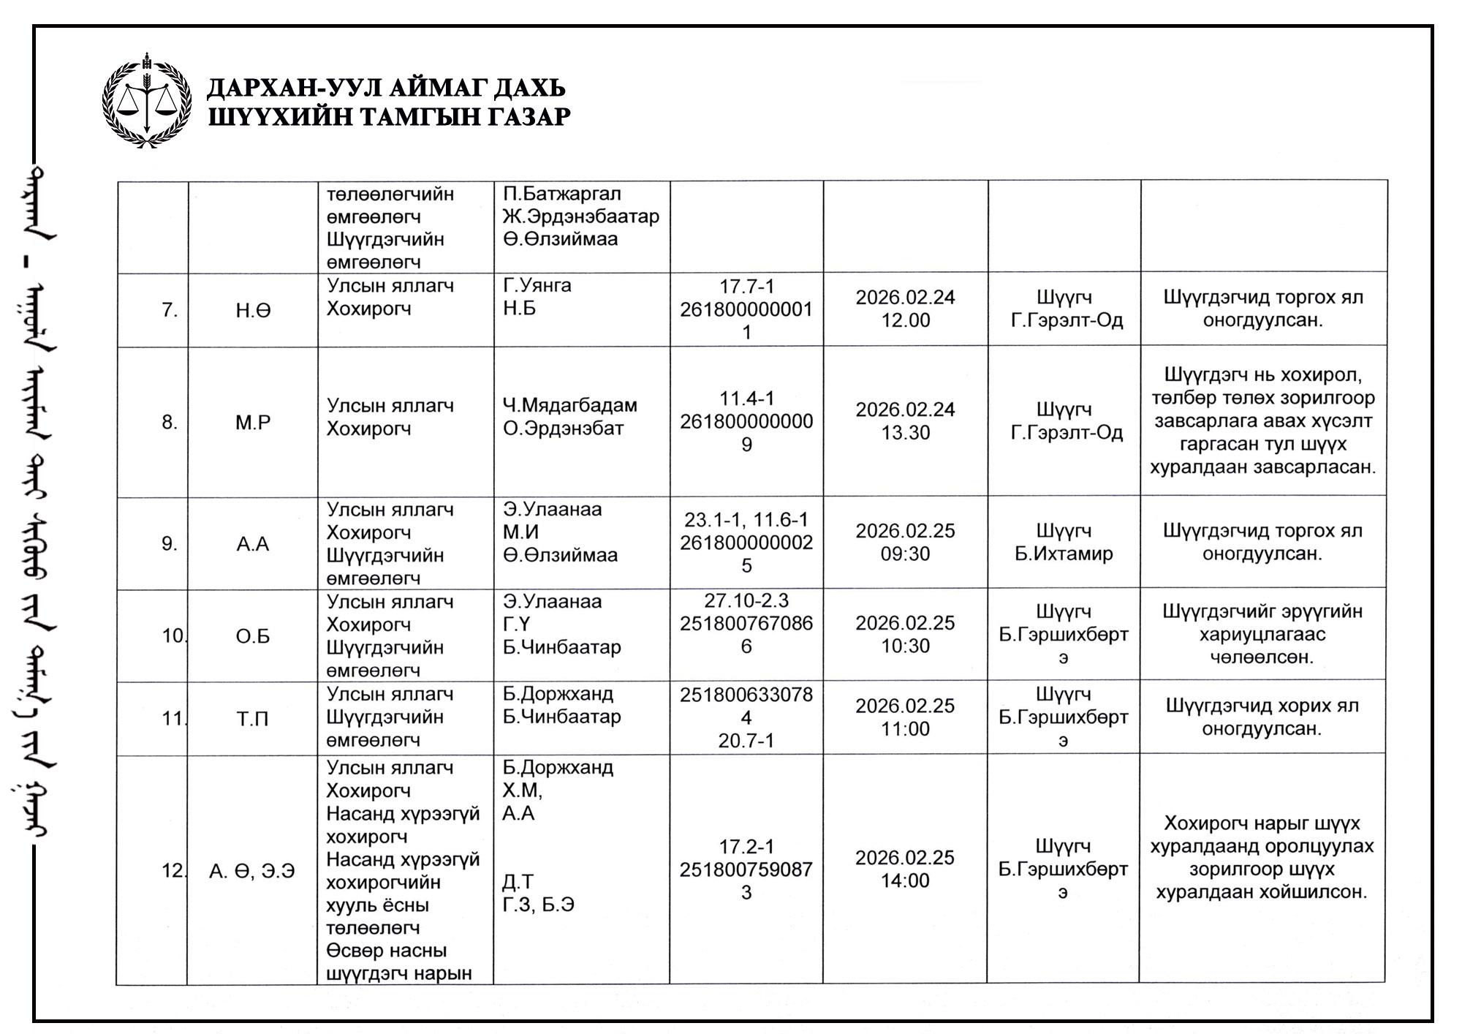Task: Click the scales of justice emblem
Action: point(147,101)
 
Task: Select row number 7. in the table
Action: point(170,310)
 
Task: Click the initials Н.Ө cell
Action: point(253,311)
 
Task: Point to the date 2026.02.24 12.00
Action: point(905,309)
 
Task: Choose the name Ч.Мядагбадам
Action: point(569,405)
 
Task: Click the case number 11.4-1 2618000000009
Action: point(746,421)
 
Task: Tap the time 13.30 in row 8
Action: point(905,433)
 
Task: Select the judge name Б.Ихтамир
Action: point(1064,554)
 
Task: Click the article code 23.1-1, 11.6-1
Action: point(746,520)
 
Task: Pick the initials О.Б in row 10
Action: point(253,636)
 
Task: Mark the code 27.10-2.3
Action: point(746,600)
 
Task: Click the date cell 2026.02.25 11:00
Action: point(905,717)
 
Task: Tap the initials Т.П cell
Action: point(253,719)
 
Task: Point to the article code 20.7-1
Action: point(746,741)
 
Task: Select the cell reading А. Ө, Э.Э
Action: point(252,871)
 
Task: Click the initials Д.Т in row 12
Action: point(518,882)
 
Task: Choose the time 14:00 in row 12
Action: point(905,880)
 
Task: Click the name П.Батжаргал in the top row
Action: point(561,194)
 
